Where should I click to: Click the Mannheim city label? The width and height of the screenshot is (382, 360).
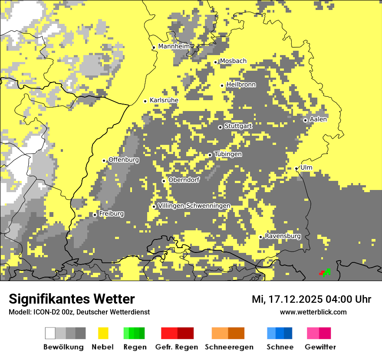(174, 46)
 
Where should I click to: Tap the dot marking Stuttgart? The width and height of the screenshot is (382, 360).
(220, 127)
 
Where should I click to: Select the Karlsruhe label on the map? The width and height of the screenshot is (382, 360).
(164, 100)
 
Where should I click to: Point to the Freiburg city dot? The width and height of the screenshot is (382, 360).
(95, 215)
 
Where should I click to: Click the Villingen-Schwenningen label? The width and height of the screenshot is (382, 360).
(194, 206)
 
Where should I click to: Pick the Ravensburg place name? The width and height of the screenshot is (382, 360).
(283, 236)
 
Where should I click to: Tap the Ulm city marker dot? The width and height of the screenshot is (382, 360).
(296, 168)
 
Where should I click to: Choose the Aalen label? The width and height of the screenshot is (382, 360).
(318, 119)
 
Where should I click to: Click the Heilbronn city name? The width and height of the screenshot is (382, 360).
(241, 85)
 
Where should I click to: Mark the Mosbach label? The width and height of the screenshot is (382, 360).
(233, 61)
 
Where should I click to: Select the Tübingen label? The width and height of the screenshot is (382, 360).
(228, 154)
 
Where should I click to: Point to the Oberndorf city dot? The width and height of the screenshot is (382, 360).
(164, 181)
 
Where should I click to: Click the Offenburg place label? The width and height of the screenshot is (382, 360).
(124, 160)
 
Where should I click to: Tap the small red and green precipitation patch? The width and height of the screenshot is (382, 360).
(325, 272)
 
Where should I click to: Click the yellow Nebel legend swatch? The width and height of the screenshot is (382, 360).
(103, 333)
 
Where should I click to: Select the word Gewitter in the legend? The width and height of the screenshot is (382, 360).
(320, 347)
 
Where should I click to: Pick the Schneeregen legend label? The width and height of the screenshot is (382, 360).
(229, 347)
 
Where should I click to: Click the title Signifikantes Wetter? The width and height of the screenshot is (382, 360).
(72, 299)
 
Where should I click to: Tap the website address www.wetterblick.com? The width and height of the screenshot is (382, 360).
(313, 312)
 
